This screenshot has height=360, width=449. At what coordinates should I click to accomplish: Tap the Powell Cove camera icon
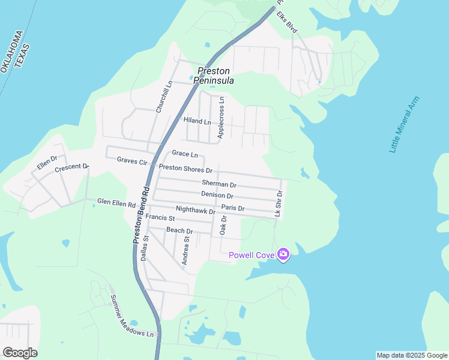click(x=283, y=255)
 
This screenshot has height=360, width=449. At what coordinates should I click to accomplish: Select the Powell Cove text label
click(x=252, y=256)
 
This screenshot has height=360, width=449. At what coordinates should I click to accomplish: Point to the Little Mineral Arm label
click(x=404, y=124)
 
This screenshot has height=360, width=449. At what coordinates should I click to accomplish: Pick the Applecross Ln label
click(x=221, y=118)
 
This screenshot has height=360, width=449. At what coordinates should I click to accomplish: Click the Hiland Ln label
click(x=197, y=121)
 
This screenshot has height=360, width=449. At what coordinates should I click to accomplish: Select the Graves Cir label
click(x=132, y=160)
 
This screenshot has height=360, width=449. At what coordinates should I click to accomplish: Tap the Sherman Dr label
click(x=219, y=183)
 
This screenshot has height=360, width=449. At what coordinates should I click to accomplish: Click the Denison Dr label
click(x=217, y=196)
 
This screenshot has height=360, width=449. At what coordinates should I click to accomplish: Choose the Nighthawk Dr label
click(x=196, y=210)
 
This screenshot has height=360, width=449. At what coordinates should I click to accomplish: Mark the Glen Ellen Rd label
click(x=116, y=203)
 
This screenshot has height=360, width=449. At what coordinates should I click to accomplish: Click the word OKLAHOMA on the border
click(x=13, y=52)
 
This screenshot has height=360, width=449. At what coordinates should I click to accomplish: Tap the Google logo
click(x=20, y=353)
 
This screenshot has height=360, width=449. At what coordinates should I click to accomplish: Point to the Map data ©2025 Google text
click(x=411, y=355)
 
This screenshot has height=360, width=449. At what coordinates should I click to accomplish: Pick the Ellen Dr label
click(x=47, y=162)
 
